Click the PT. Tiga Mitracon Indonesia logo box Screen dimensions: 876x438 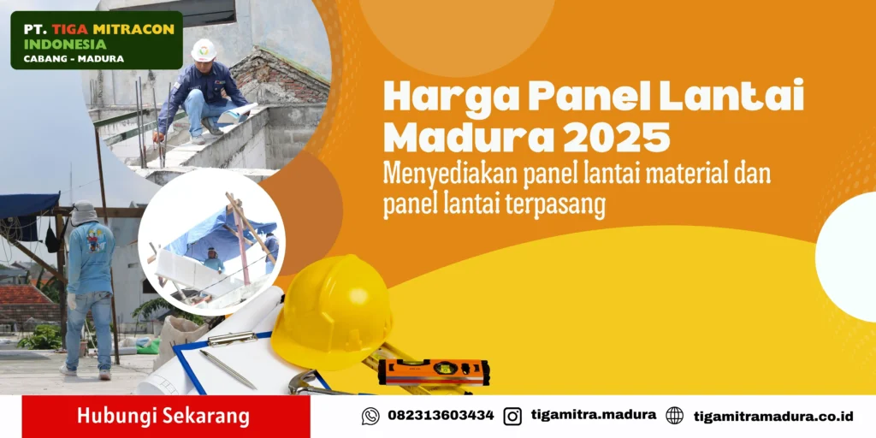[97, 40]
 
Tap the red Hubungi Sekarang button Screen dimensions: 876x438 [166, 417]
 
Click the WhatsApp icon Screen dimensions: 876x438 [370, 417]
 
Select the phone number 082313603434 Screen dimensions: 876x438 [441, 416]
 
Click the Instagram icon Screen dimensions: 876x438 [512, 417]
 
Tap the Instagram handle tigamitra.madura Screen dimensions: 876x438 [594, 415]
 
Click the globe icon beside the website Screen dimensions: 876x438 [674, 416]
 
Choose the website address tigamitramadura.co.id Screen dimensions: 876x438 [773, 417]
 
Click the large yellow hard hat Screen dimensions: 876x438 [332, 312]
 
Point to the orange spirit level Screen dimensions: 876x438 [434, 371]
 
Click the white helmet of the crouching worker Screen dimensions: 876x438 [204, 50]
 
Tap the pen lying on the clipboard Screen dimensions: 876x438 [228, 369]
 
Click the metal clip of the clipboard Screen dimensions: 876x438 [233, 338]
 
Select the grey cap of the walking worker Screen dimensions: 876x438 [84, 213]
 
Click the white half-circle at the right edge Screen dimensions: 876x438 [846, 257]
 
